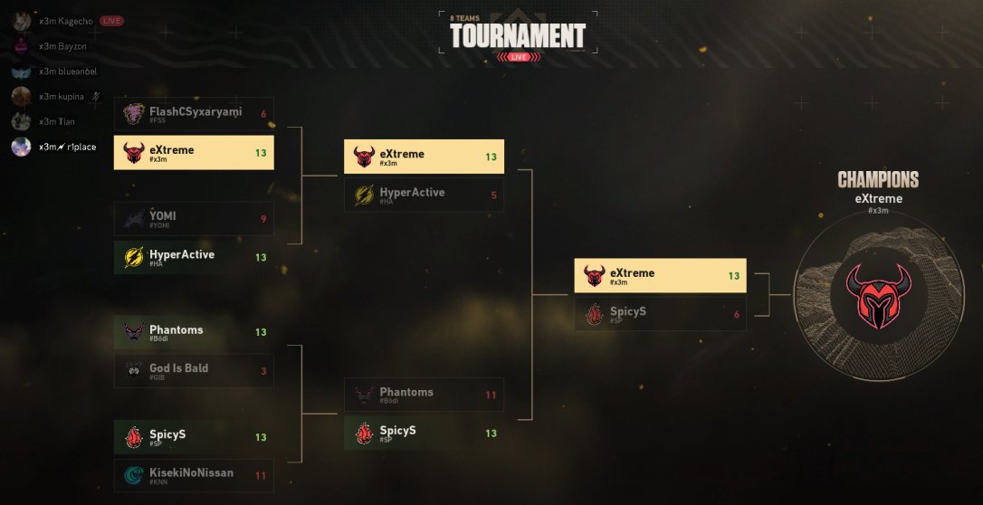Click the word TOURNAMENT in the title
tap(518, 35)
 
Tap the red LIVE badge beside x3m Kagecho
tap(111, 21)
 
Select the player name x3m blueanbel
tap(68, 71)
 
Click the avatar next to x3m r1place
tap(22, 147)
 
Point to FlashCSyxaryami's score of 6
tap(263, 114)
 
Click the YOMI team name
tap(163, 215)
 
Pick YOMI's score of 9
tap(263, 219)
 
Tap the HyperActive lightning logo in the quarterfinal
tap(134, 258)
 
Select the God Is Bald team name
tap(179, 368)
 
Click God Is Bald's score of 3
tap(263, 371)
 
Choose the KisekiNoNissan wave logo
tap(134, 475)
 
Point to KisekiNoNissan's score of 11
tap(261, 476)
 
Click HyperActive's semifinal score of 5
tap(493, 195)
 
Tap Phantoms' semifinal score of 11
tap(491, 395)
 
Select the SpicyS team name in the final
tap(628, 311)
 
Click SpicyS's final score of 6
tap(737, 315)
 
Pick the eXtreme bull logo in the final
tap(594, 275)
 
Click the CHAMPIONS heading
tap(878, 179)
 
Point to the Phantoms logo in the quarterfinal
tap(134, 333)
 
